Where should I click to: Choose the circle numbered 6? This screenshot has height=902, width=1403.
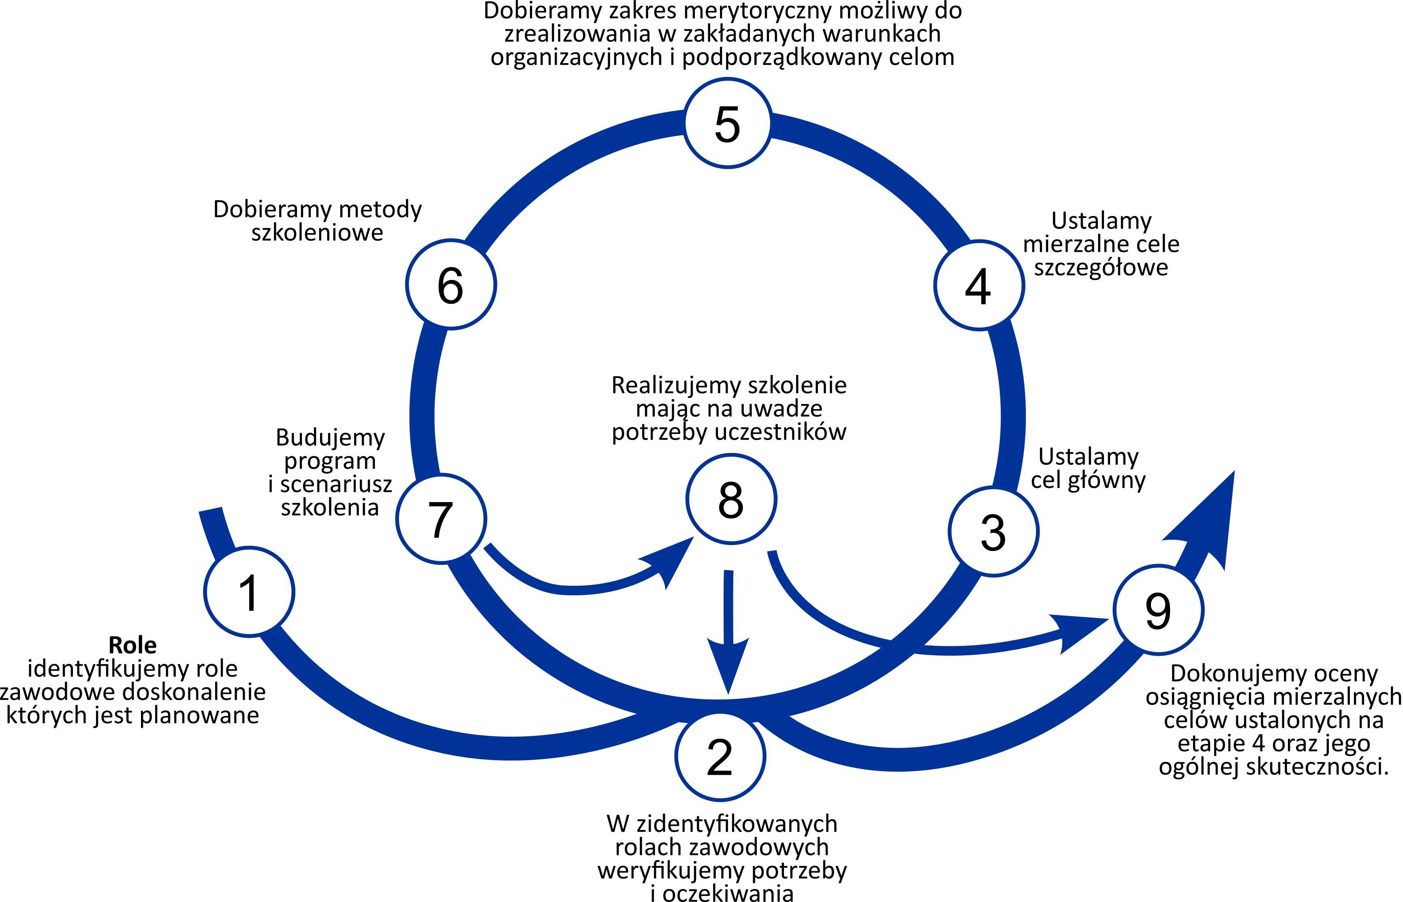451,284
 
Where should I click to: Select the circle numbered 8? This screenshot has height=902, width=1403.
731,499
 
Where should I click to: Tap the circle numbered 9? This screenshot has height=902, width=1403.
1158,610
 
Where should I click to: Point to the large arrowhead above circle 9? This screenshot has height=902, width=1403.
1206,521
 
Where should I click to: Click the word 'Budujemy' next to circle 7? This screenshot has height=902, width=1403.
330,438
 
